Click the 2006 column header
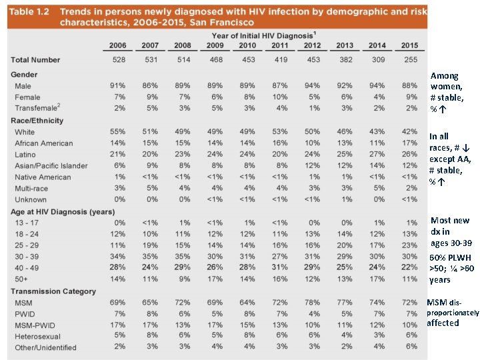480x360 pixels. (117, 45)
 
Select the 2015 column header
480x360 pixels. (410, 45)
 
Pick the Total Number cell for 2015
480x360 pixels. (410, 60)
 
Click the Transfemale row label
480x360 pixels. (37, 109)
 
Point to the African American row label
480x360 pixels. (44, 143)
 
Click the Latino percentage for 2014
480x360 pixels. (377, 155)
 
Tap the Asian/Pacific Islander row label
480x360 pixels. (51, 166)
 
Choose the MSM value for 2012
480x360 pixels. (312, 303)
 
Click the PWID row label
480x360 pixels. (25, 314)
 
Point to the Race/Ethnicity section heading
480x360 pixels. (37, 121)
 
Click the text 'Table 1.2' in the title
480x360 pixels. (31, 12)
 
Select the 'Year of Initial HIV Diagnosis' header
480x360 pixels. (263, 35)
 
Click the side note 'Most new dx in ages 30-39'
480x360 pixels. (450, 231)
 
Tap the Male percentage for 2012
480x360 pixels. (312, 86)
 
